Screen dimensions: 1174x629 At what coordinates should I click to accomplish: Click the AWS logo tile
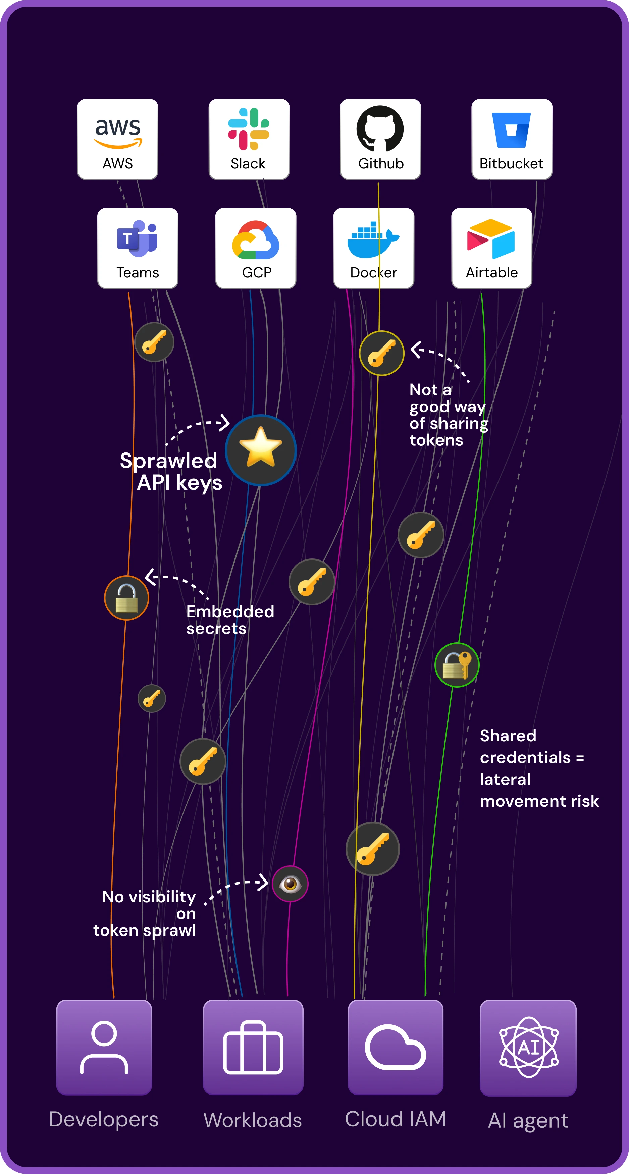click(118, 139)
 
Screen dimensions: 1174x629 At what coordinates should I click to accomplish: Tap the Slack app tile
click(249, 139)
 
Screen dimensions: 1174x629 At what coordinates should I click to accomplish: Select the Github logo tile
click(380, 139)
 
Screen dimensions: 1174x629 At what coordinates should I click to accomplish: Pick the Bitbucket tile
click(511, 139)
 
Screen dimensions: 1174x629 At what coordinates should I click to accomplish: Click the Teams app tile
click(138, 248)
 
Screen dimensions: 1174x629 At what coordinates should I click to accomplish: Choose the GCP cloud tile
click(256, 248)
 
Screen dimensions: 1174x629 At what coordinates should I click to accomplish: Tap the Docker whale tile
click(374, 248)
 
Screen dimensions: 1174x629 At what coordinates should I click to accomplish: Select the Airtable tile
click(492, 248)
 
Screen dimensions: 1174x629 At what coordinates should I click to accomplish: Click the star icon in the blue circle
click(261, 450)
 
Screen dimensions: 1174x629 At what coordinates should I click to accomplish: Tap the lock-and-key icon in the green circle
click(457, 665)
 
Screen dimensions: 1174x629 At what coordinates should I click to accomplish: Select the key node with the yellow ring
click(381, 353)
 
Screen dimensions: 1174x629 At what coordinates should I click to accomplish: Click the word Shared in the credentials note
click(508, 736)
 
